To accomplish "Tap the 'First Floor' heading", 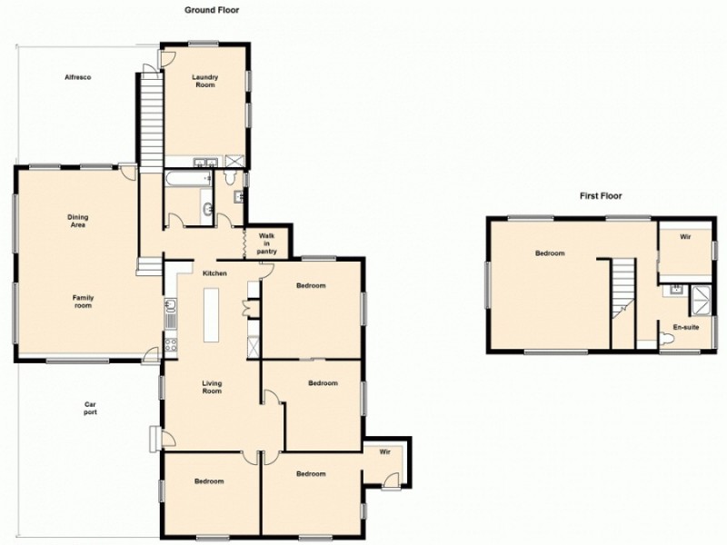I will [x=601, y=195].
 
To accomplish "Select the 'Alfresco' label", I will [x=76, y=77].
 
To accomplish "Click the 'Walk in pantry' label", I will [x=267, y=243].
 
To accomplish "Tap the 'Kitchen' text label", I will [x=214, y=273].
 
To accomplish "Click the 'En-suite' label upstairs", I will [x=685, y=326].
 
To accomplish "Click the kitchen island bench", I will [x=212, y=314].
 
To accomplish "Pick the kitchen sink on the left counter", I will [x=169, y=314].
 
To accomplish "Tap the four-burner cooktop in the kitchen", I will [x=169, y=343].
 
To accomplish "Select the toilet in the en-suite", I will [x=668, y=339].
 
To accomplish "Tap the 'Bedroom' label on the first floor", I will [x=549, y=253].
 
